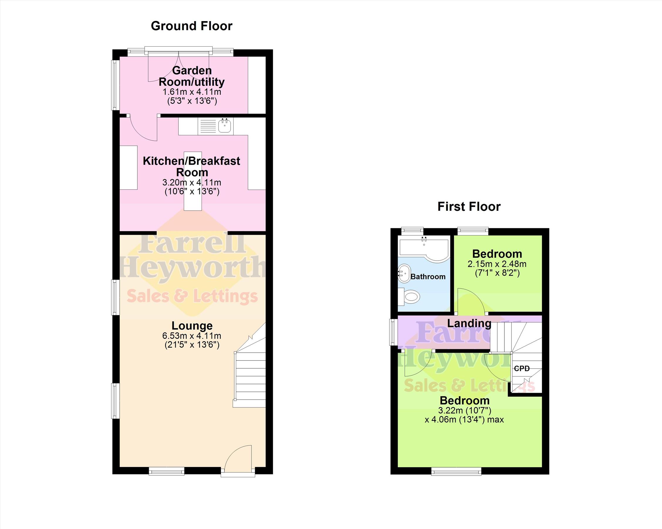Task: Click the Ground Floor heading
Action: [x=192, y=26]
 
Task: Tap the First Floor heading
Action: [x=469, y=206]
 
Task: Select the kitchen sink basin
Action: [x=225, y=126]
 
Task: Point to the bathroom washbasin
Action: [x=404, y=274]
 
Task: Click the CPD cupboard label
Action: [x=522, y=368]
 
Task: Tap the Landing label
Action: [x=469, y=323]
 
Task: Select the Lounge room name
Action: [x=192, y=326]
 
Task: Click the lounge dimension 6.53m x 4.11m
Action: [x=192, y=336]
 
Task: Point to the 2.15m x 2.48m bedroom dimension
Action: [x=497, y=264]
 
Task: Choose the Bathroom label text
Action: [x=428, y=277]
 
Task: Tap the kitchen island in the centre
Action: [x=193, y=181]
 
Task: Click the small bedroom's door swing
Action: [x=471, y=301]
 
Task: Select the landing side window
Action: [x=393, y=332]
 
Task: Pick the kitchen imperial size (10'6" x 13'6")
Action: [x=192, y=192]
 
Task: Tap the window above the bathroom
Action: [x=412, y=231]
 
